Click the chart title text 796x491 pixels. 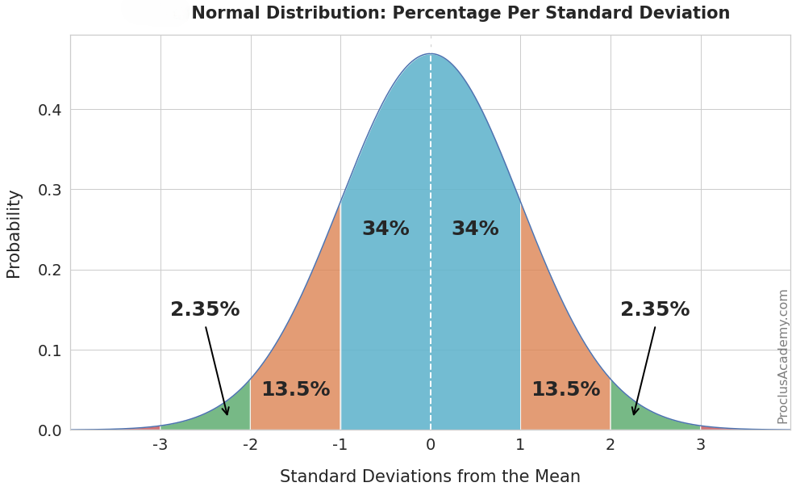tap(460, 14)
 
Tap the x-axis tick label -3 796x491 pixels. tap(160, 445)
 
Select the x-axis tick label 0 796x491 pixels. tap(430, 445)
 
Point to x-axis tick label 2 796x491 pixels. tap(611, 445)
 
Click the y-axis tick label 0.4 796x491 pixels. tap(49, 110)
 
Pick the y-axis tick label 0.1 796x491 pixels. tap(49, 350)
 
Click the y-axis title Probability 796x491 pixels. tap(14, 234)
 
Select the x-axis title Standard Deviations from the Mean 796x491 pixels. tap(430, 476)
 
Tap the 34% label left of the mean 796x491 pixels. tap(385, 229)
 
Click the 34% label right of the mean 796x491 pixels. tap(475, 229)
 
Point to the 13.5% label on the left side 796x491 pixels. tap(295, 390)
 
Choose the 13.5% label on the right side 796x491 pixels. tap(565, 390)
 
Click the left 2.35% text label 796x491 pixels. tap(205, 310)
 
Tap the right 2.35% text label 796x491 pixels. tap(655, 310)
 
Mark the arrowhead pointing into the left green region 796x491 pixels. tap(227, 412)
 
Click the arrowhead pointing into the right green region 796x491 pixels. tap(635, 412)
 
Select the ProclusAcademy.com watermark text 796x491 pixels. tap(782, 356)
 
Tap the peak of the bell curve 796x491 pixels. tap(431, 54)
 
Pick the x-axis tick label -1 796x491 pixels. tap(340, 445)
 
